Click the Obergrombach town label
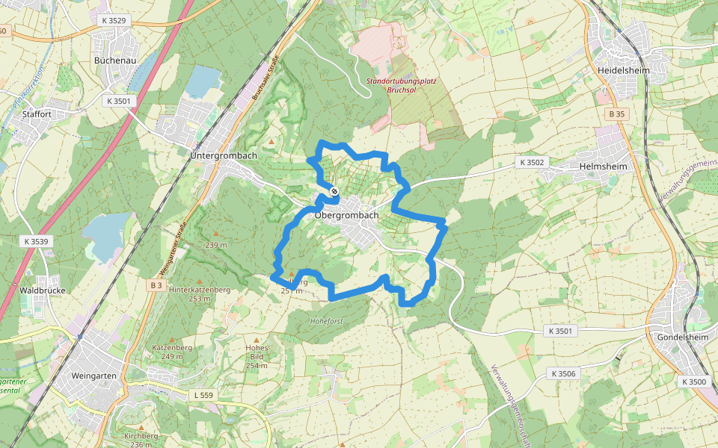347,215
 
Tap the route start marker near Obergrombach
334,192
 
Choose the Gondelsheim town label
679,337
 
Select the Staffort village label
37,114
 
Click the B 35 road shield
616,113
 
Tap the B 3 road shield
156,285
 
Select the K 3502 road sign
532,161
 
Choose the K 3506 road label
563,373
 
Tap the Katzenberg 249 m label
173,352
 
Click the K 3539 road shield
35,241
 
